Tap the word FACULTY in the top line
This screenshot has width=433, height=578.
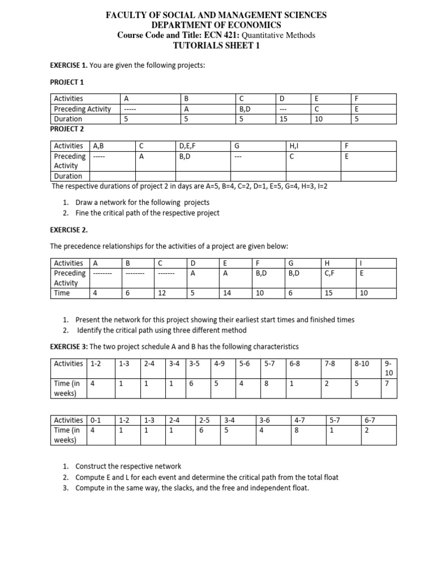click(x=127, y=15)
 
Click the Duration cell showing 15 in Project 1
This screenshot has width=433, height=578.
click(x=285, y=119)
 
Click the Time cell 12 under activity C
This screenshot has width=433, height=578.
click(x=162, y=293)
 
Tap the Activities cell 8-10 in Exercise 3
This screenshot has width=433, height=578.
click(x=362, y=364)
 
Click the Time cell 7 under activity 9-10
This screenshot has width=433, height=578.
click(x=387, y=383)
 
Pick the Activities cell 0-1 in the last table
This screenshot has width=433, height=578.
click(x=95, y=421)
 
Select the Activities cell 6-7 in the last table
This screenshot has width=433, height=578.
click(x=370, y=421)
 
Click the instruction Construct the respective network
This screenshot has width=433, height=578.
click(x=129, y=466)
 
